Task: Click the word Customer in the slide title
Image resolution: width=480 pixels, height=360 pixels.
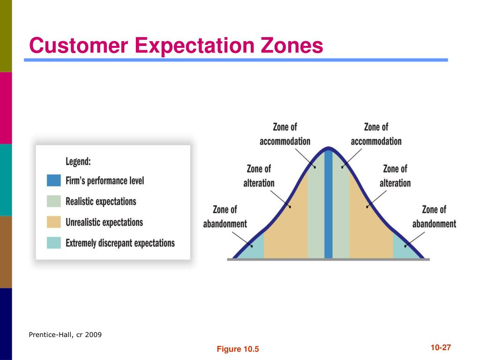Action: click(x=78, y=45)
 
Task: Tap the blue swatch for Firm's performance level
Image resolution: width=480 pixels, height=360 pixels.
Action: click(x=53, y=180)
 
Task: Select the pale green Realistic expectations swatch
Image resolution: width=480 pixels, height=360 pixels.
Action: click(x=53, y=202)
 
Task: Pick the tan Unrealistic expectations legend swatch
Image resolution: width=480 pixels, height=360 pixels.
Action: click(x=53, y=222)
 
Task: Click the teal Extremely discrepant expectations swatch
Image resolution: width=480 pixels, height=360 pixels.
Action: click(x=53, y=243)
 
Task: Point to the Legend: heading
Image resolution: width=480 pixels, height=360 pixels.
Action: click(x=78, y=161)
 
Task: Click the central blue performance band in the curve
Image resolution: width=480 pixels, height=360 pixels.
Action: click(x=328, y=204)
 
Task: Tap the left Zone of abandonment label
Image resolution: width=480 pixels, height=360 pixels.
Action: click(x=225, y=217)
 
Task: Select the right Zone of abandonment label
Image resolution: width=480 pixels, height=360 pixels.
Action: click(x=434, y=217)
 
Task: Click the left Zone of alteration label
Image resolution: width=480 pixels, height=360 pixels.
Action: click(x=259, y=176)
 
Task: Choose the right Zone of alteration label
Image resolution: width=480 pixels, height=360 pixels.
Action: click(x=395, y=176)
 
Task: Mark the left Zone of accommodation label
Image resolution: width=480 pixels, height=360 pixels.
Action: click(x=285, y=134)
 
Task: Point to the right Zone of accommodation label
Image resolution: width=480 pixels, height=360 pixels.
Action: click(x=376, y=134)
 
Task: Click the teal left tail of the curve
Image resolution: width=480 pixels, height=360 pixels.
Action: click(x=254, y=248)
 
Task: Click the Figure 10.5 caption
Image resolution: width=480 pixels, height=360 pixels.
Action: click(x=238, y=349)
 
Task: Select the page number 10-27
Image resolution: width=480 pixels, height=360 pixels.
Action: click(x=441, y=347)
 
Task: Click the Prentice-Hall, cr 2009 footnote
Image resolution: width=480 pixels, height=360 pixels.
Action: click(x=65, y=335)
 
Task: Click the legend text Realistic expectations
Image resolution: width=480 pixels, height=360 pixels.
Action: click(x=101, y=202)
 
